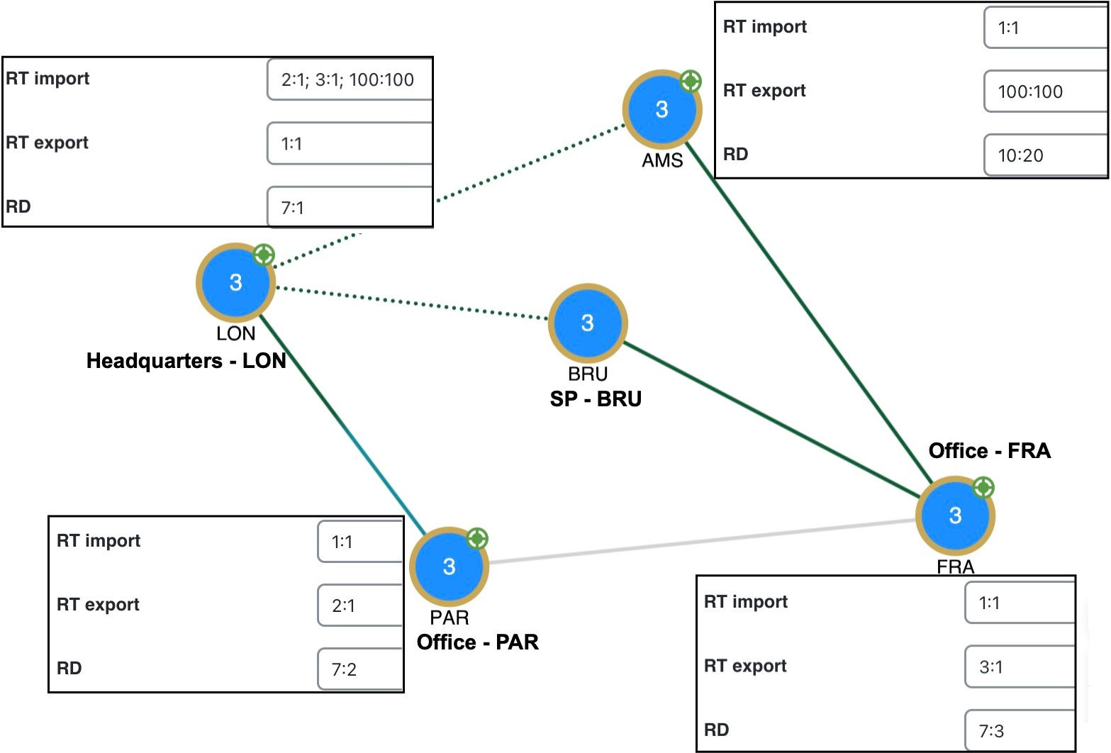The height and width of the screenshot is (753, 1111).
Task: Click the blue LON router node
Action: coord(235,282)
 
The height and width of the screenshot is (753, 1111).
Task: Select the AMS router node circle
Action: coord(661,109)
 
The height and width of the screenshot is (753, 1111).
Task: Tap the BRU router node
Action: coord(587,323)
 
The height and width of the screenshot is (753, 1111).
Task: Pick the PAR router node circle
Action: coord(449,567)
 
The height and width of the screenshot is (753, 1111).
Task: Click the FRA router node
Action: coord(955,515)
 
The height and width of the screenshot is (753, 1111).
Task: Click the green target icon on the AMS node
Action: coord(691,82)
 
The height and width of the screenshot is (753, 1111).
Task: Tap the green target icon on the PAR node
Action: coord(477,539)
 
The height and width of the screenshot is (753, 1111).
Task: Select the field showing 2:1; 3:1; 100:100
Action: coord(350,79)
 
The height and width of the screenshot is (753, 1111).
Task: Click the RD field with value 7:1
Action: coord(350,208)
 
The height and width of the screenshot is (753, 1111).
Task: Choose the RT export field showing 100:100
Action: coord(1044,91)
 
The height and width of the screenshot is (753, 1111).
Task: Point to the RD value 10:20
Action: coord(1044,155)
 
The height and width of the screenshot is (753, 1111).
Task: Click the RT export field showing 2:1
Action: coord(359,606)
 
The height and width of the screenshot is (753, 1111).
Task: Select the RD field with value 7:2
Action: coord(359,669)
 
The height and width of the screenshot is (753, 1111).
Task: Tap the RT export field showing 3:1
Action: coord(1019,666)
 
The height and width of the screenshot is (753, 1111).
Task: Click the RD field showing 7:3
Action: coord(1019,730)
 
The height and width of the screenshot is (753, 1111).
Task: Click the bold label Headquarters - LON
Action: coord(186,361)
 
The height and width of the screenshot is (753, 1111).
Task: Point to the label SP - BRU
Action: coord(596,399)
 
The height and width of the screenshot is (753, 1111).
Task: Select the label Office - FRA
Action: coord(989,451)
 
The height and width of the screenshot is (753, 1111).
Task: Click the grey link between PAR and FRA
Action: coord(702,542)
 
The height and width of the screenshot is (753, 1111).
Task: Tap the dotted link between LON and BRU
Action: coord(411,303)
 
